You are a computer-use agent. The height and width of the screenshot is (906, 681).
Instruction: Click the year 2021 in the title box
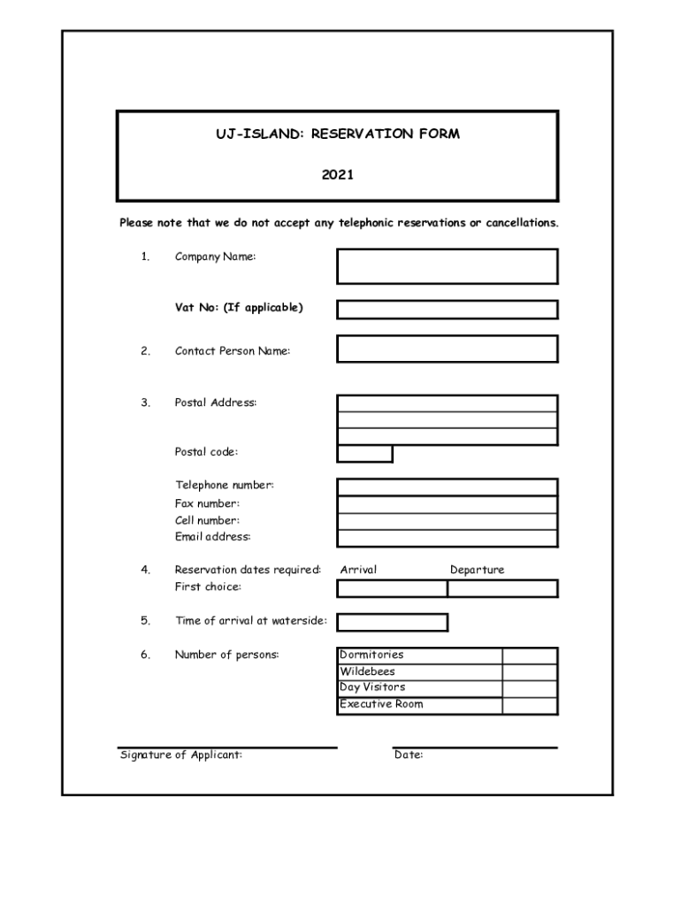point(337,175)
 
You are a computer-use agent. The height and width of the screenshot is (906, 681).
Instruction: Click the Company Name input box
point(447,266)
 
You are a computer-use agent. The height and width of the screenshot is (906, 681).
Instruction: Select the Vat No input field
point(447,310)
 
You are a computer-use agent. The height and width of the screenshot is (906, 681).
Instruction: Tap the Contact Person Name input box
point(447,349)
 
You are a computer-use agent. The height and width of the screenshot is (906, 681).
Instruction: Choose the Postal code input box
point(364,454)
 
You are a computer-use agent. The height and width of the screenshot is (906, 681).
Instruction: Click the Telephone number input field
point(447,488)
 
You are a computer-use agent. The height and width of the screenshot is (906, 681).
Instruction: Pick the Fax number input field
point(447,504)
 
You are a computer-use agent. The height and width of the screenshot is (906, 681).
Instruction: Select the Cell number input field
point(447,521)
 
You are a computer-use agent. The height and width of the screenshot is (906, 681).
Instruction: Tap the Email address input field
point(447,538)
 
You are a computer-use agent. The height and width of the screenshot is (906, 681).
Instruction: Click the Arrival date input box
point(392,588)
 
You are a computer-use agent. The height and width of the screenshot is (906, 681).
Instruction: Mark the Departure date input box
point(502,588)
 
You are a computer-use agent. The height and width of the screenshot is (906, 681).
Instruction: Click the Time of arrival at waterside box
point(392,622)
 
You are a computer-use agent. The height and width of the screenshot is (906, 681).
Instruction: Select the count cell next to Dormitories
point(530,656)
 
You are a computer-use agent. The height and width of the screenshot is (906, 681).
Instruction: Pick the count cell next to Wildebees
point(530,672)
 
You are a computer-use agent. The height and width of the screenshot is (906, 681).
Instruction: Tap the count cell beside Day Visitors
point(530,688)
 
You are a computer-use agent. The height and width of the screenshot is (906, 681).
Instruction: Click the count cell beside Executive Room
point(530,705)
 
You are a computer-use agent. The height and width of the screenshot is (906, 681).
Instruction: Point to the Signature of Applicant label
point(181,756)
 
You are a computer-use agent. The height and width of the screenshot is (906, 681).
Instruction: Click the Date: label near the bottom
point(409,756)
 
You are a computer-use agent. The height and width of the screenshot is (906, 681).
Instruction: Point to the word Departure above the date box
point(477,570)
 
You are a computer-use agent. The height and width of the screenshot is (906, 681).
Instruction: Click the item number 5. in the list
point(144,621)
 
